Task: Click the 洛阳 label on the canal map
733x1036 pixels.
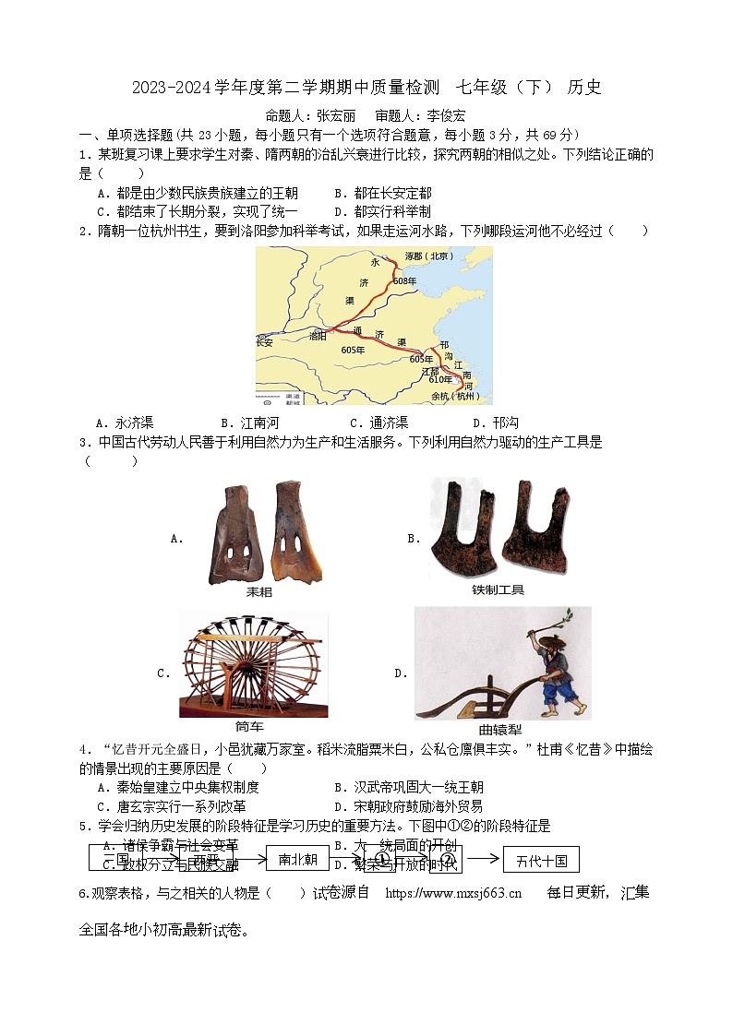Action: click(x=318, y=337)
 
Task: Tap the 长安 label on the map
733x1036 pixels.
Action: click(x=265, y=342)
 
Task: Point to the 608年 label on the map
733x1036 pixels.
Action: click(x=405, y=280)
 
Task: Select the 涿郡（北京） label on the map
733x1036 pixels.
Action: click(x=430, y=256)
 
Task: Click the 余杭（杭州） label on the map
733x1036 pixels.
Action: click(x=456, y=397)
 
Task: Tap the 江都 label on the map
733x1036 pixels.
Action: click(x=430, y=371)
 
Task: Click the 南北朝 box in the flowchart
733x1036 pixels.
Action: click(x=297, y=860)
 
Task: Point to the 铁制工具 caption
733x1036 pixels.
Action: click(x=498, y=589)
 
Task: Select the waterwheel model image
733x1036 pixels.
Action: click(x=253, y=664)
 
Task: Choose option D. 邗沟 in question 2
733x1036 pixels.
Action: click(x=495, y=423)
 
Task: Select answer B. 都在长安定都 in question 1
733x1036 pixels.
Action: click(x=382, y=193)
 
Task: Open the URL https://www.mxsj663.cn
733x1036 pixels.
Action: click(x=452, y=892)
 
